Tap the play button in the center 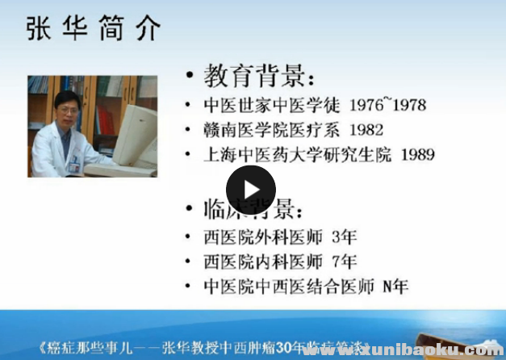pos(250,190)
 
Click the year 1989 pos(412,154)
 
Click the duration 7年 pos(344,262)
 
